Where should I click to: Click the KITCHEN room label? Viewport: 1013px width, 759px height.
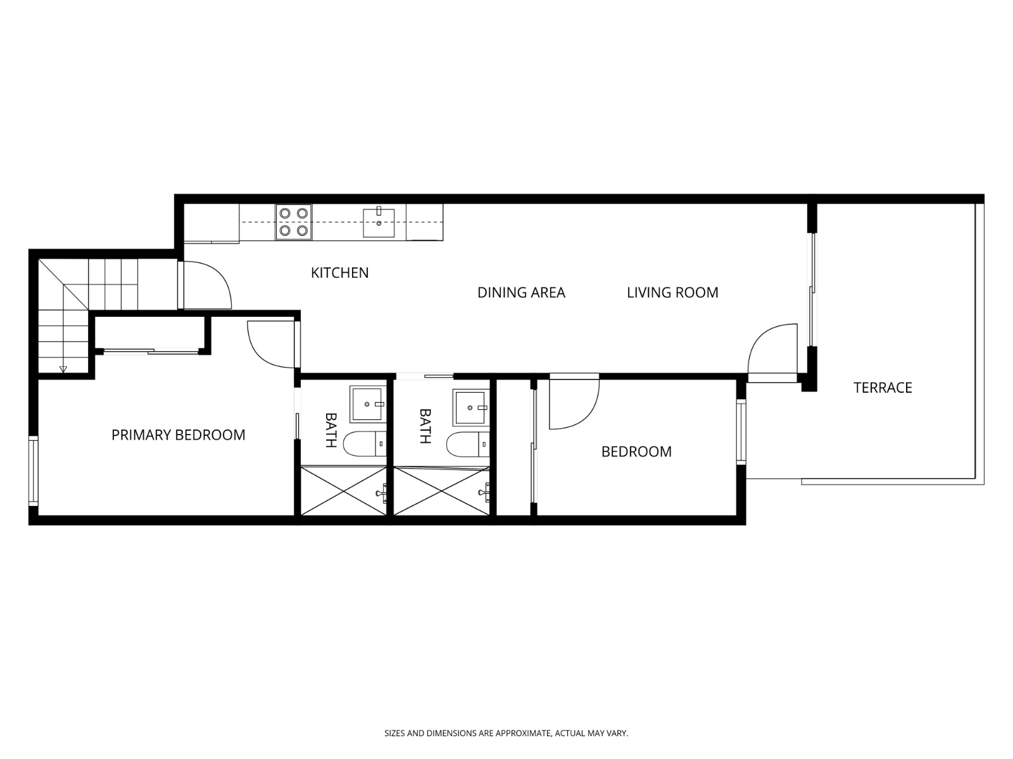(339, 273)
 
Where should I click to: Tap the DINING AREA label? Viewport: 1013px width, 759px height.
(521, 292)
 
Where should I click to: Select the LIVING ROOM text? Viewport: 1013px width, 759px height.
(672, 292)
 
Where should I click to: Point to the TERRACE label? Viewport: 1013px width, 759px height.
(883, 388)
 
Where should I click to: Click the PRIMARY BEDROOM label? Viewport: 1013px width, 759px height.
(178, 435)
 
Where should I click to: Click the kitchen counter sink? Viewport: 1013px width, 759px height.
(379, 222)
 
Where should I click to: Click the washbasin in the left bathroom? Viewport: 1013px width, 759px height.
(368, 404)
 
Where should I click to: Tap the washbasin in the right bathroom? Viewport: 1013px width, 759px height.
(471, 407)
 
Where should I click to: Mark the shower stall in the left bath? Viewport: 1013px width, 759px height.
(343, 491)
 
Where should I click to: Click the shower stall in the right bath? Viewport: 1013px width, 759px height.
(442, 491)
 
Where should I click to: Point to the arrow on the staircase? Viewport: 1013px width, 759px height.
(63, 369)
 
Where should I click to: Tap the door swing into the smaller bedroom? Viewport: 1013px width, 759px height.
(572, 402)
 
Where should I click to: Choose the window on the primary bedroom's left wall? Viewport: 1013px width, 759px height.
(34, 470)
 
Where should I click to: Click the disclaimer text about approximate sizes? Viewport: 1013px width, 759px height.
(506, 734)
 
